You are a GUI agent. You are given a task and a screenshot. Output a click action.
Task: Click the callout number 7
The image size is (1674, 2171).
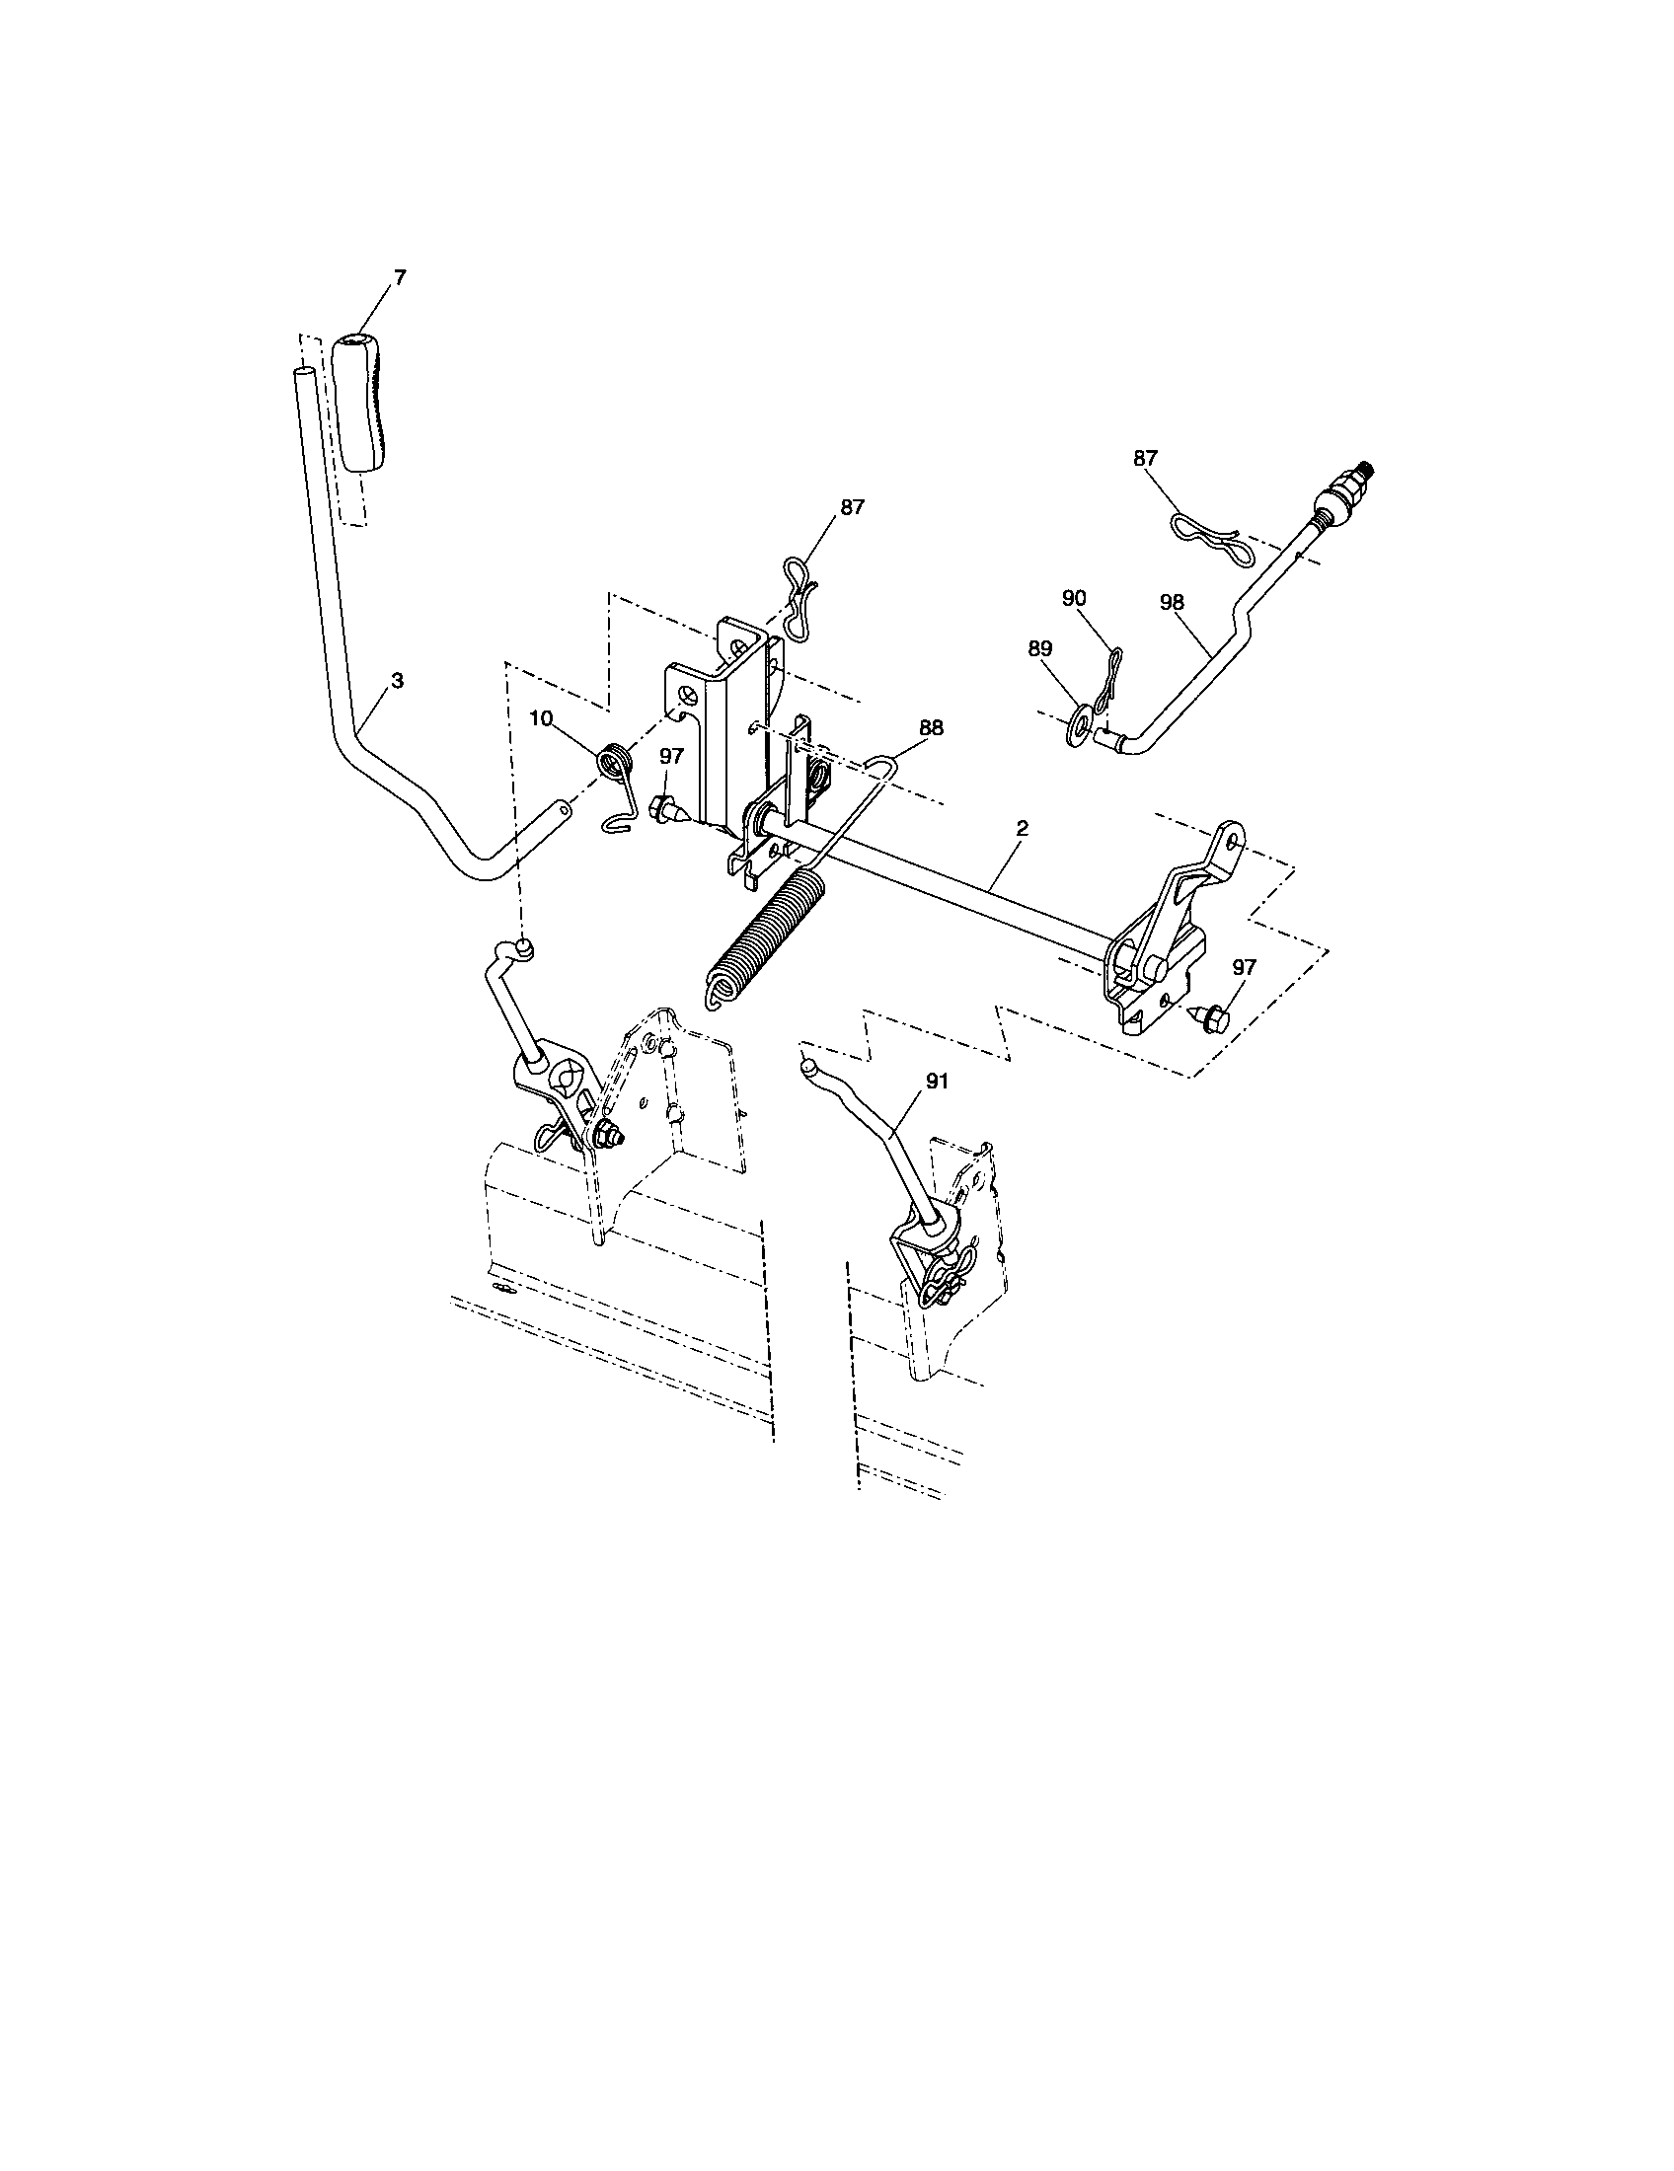(400, 278)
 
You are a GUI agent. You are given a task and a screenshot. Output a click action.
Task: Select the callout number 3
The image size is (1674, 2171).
(398, 681)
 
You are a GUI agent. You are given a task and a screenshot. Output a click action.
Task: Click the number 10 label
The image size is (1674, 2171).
(541, 719)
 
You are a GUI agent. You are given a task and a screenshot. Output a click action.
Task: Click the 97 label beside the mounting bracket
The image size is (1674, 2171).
(671, 757)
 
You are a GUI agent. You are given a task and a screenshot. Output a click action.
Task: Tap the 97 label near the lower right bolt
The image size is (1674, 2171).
(1244, 966)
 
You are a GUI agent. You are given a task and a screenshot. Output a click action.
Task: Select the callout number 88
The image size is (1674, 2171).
(931, 727)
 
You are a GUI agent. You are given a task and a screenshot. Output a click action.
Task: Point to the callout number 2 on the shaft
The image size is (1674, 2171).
(1022, 827)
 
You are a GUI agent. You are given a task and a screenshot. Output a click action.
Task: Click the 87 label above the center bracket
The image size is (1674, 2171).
(852, 506)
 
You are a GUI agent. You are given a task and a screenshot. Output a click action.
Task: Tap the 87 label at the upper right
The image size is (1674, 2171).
(1145, 457)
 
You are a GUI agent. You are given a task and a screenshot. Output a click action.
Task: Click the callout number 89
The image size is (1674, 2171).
(1039, 647)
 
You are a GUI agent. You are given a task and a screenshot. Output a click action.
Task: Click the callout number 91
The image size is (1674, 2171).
(937, 1082)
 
